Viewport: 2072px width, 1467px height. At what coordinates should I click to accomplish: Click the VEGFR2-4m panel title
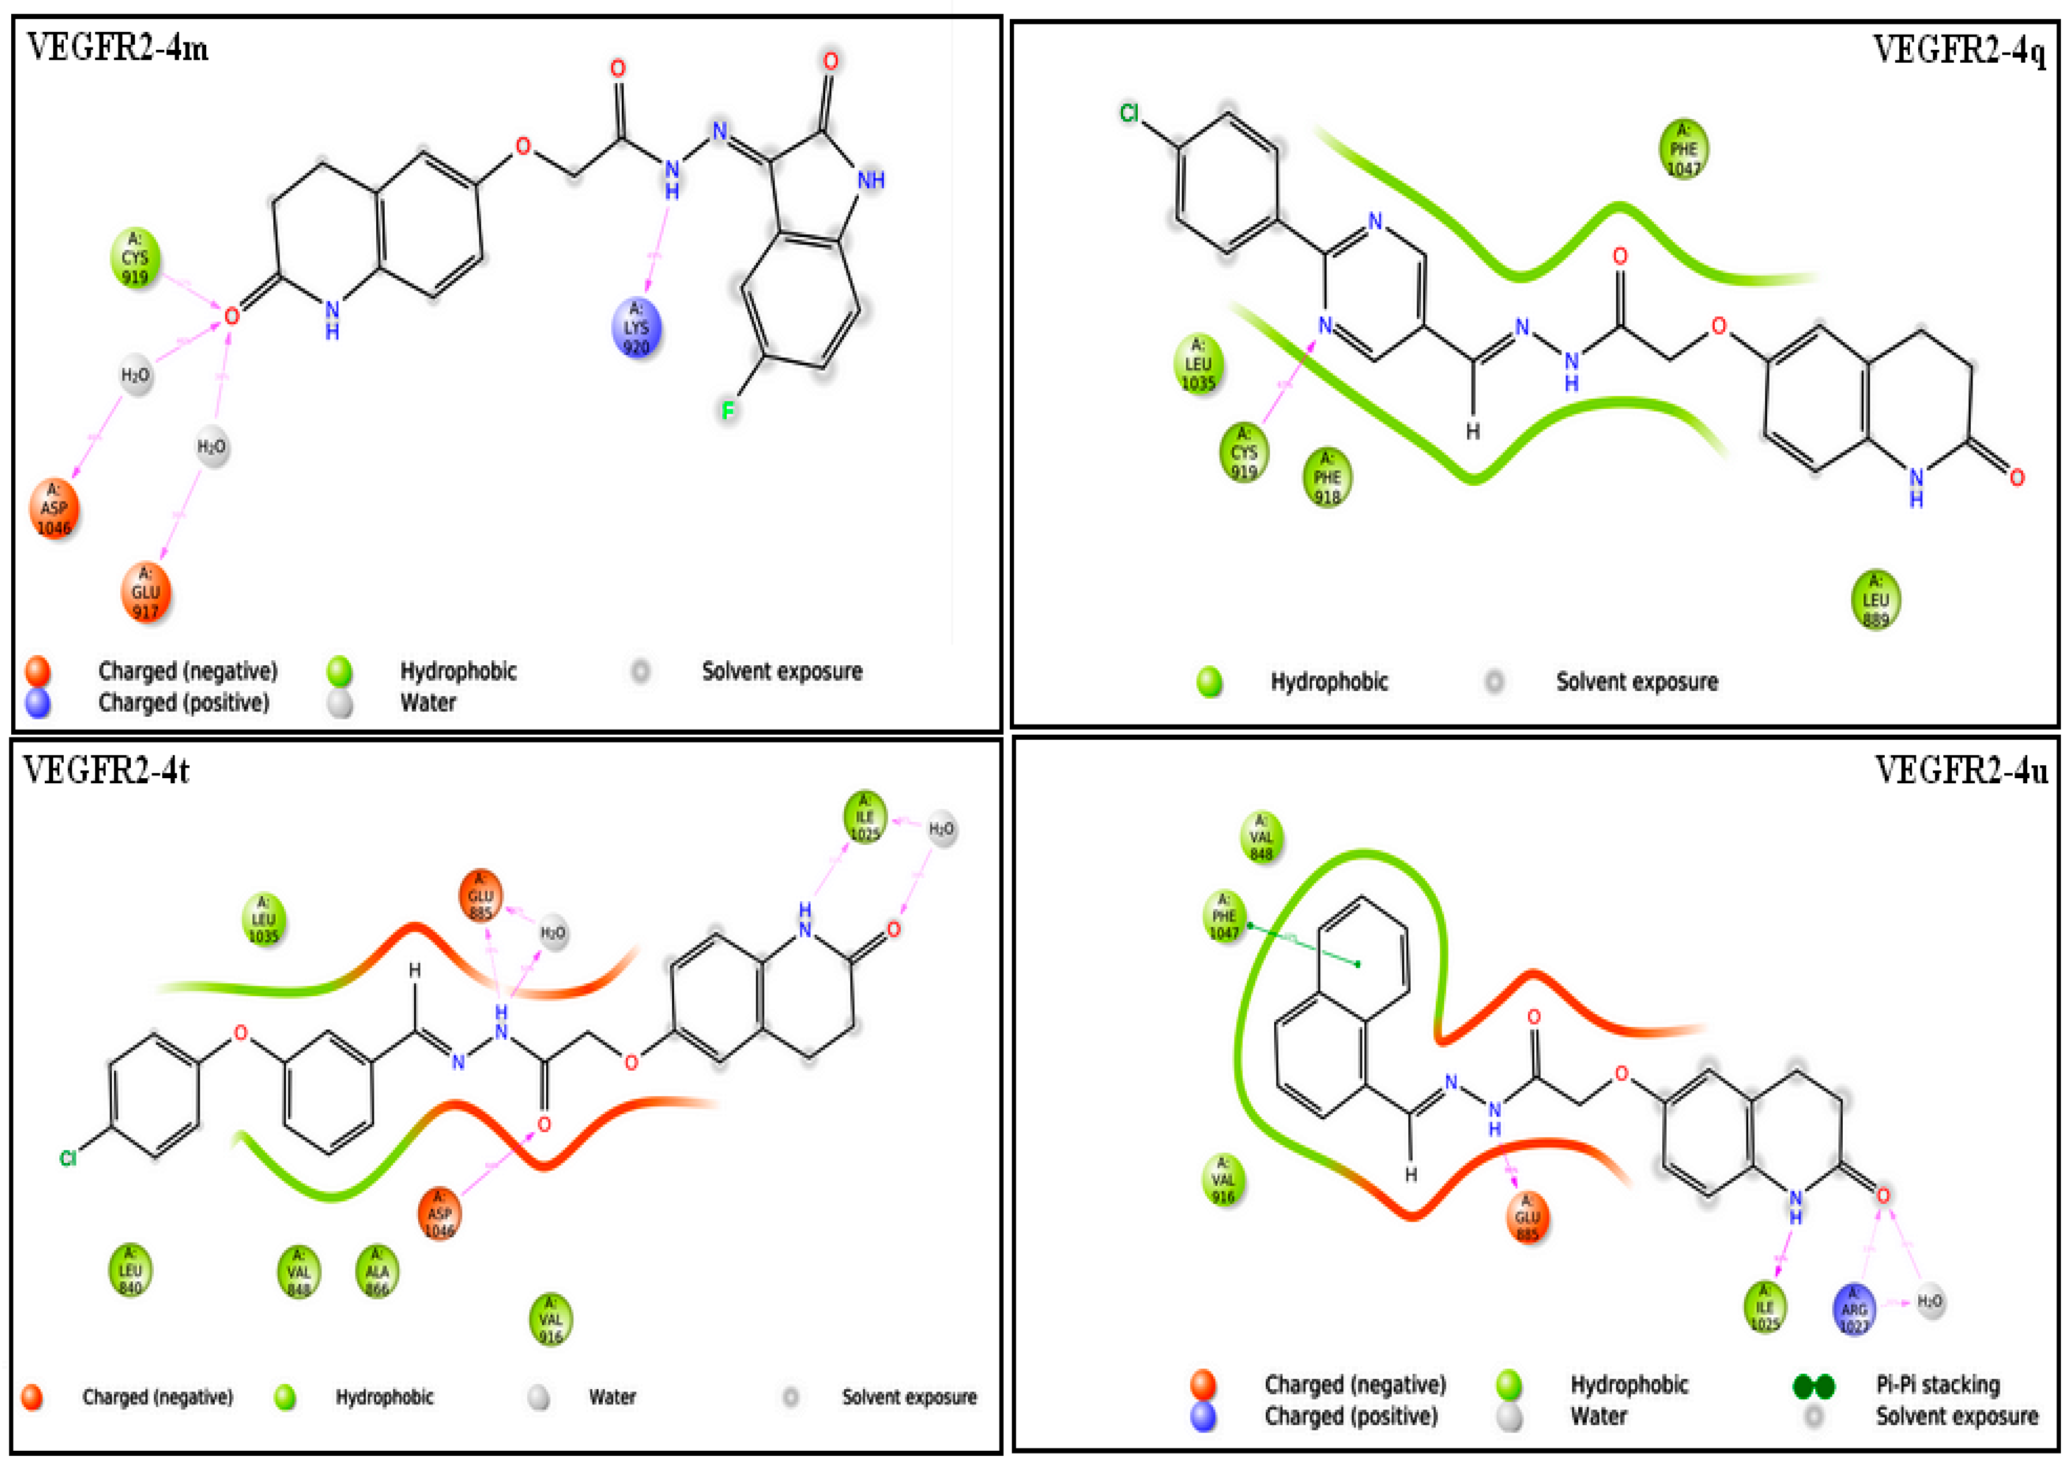click(117, 47)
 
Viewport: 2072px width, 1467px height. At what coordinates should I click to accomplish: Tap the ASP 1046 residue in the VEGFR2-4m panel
click(54, 509)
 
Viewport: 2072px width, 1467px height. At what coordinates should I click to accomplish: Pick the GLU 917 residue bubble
click(145, 593)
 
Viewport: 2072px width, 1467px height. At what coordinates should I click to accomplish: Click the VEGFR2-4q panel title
click(1958, 50)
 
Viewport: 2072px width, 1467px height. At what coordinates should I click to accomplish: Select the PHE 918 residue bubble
click(1327, 477)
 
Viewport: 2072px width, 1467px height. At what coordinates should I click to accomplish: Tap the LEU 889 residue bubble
click(1875, 600)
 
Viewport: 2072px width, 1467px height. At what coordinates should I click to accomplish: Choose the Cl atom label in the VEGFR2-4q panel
click(1129, 113)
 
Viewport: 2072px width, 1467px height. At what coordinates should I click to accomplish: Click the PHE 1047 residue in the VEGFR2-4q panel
click(1683, 149)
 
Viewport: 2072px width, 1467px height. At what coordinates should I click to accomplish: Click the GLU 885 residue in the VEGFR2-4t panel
click(480, 895)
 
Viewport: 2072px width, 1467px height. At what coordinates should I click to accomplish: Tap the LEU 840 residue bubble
click(130, 1270)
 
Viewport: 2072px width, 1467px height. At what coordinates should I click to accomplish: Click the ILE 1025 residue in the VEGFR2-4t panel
click(864, 817)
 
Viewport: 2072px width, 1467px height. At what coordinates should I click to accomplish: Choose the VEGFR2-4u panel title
click(1961, 770)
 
